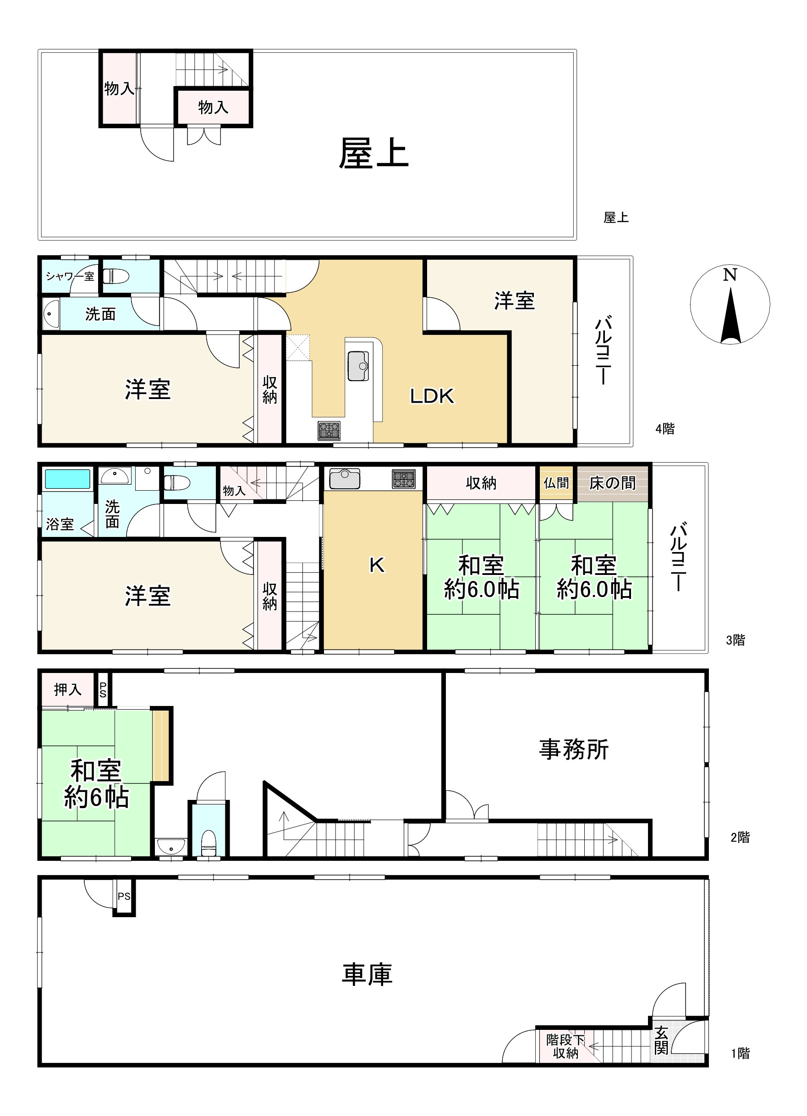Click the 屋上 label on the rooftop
point(373,153)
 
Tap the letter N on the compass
point(730,274)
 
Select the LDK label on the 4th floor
point(432,396)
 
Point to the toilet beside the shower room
point(116,277)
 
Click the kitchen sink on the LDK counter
point(358,366)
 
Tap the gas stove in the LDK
point(329,431)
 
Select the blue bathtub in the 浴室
point(68,479)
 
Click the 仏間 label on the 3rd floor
point(556,483)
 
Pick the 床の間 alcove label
point(612,483)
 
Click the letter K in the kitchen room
point(377,565)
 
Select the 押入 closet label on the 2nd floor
point(67,690)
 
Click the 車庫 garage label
point(367,975)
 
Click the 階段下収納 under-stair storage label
point(565,1047)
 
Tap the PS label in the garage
point(124,897)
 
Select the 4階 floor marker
point(665,429)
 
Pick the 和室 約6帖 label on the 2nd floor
point(96,784)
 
